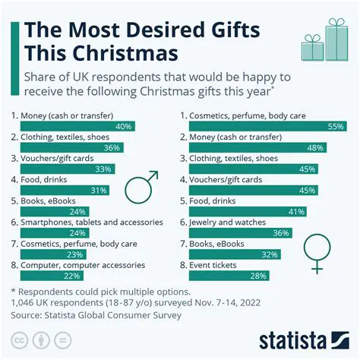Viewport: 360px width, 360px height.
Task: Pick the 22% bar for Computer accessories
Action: click(x=58, y=275)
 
